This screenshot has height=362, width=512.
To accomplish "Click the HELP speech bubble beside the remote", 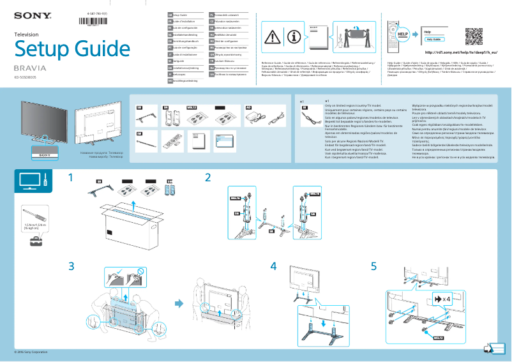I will (x=404, y=31).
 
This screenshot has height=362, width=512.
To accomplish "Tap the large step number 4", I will (x=274, y=266).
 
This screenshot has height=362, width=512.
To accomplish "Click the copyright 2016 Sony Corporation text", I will (x=31, y=352).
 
